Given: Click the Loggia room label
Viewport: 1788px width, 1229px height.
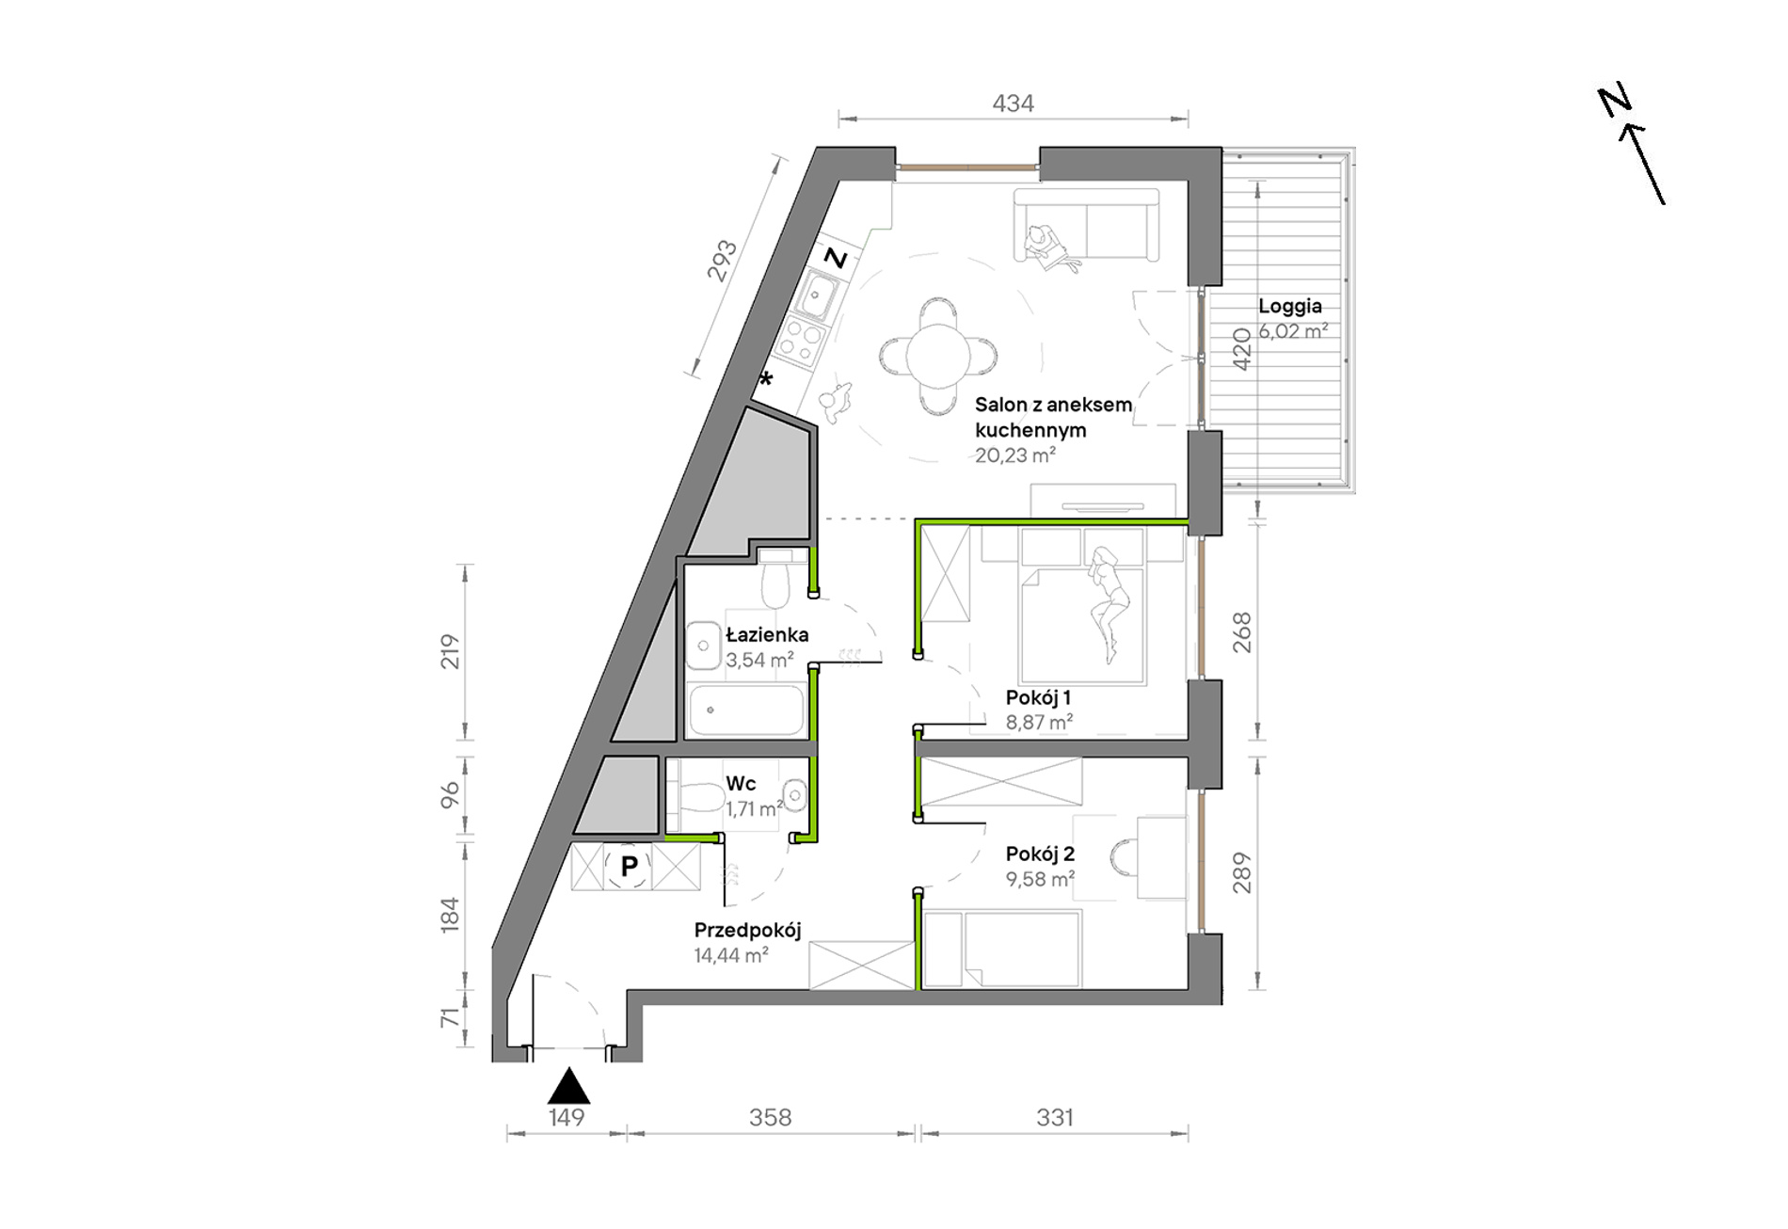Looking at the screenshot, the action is (x=1290, y=306).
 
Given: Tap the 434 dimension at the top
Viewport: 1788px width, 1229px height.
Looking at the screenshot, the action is (x=1013, y=104).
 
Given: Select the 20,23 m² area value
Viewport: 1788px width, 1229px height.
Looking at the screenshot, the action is (x=1014, y=455).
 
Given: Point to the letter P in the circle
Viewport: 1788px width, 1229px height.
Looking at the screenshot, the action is (x=630, y=866).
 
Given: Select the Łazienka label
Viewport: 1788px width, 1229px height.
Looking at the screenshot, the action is (x=767, y=634).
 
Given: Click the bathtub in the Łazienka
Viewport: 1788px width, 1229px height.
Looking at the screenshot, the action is (x=747, y=710).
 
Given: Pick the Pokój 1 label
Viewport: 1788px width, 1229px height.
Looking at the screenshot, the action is (x=1038, y=697).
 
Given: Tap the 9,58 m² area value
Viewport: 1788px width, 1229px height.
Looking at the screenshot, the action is (x=1040, y=879).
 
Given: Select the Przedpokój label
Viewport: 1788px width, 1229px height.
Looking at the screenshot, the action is (x=747, y=931).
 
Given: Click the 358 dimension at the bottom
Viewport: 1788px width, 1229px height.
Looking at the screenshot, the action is (x=770, y=1117).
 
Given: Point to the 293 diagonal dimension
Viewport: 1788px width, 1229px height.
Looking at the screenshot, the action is (x=722, y=261).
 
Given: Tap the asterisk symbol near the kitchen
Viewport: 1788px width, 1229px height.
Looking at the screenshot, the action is (x=766, y=379).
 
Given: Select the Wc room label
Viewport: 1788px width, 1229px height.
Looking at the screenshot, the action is (x=741, y=783).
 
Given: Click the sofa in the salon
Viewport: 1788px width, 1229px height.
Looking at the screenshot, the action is (x=1087, y=225).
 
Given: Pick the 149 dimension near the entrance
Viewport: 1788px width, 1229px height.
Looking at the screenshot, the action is (x=567, y=1117).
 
